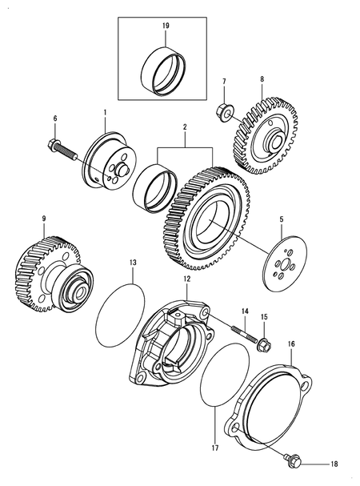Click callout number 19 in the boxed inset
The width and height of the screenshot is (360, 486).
[x=166, y=26]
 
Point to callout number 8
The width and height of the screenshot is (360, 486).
[x=261, y=79]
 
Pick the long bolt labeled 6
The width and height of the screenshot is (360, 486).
[x=69, y=149]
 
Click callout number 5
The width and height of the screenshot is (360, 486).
[x=303, y=218]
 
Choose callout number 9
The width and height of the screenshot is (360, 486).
[x=45, y=217]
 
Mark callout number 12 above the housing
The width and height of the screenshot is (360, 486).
[x=186, y=279]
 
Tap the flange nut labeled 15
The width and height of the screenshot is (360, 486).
[x=263, y=345]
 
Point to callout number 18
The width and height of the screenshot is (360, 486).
[x=334, y=463]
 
